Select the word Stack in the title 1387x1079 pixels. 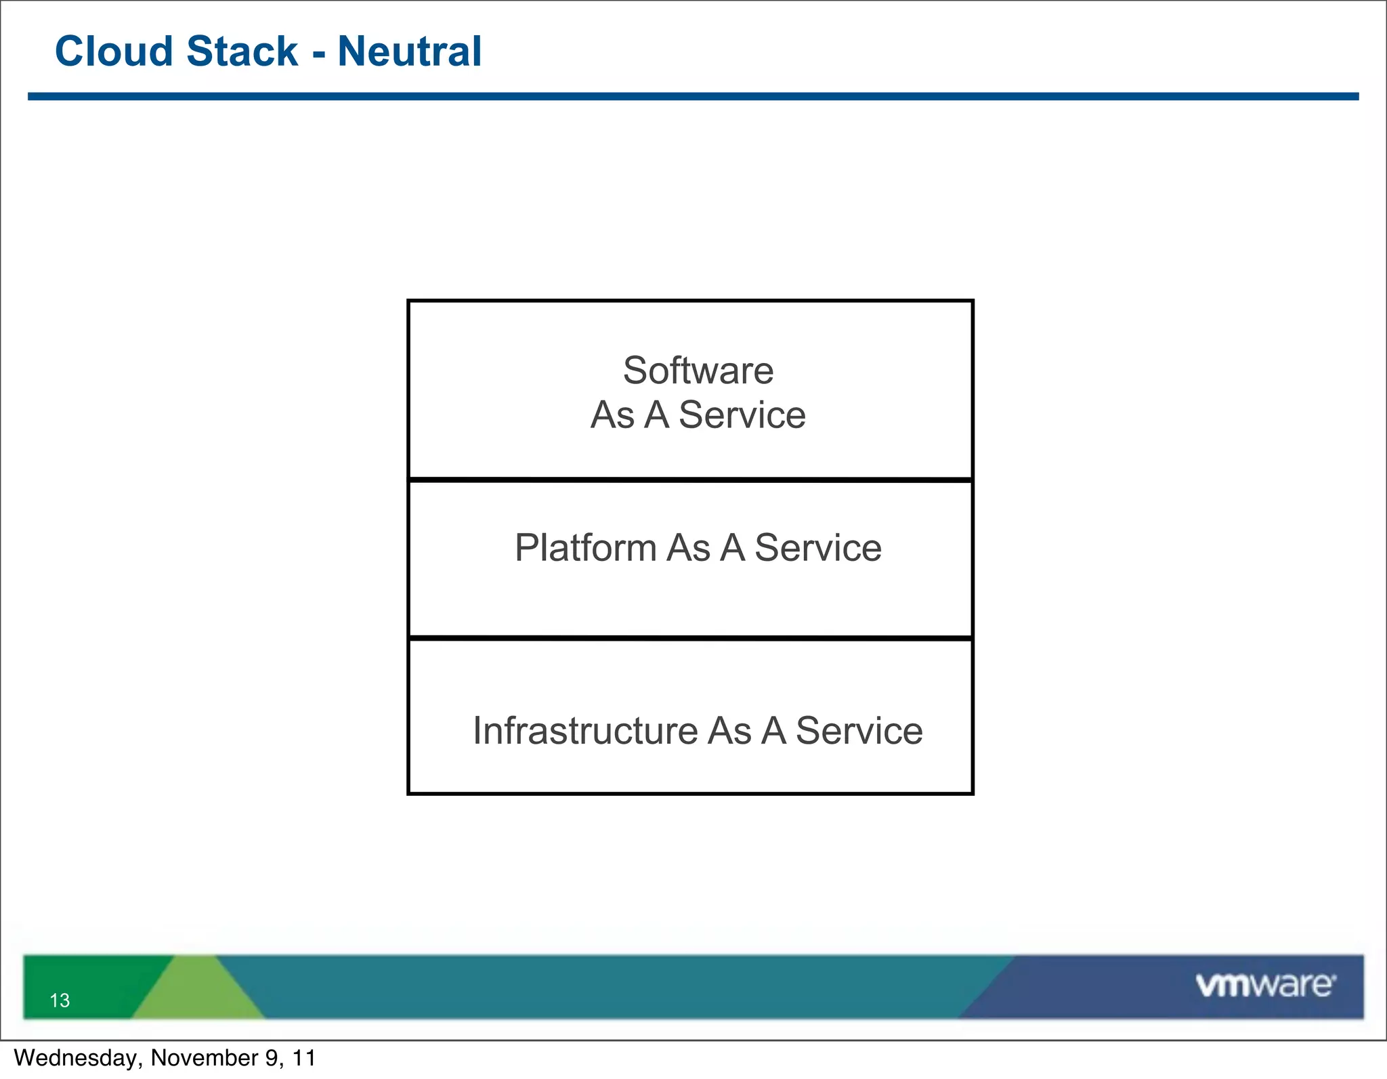pos(241,51)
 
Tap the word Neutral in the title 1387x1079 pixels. pos(409,51)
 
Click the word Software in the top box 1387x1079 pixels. pos(698,371)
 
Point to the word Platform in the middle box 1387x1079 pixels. pos(585,547)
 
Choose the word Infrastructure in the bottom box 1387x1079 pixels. pos(585,731)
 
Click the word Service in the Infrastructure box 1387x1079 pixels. pos(859,731)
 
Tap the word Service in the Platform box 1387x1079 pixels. pos(818,547)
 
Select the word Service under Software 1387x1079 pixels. pos(742,415)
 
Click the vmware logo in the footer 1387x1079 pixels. pos(1265,985)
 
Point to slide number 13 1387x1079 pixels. pos(60,1000)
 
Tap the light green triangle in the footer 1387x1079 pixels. pos(196,992)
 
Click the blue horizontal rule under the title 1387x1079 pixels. pos(693,97)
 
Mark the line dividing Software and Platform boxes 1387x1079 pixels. pos(690,480)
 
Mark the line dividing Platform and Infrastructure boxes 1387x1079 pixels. pos(690,638)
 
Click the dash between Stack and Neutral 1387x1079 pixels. pos(318,54)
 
